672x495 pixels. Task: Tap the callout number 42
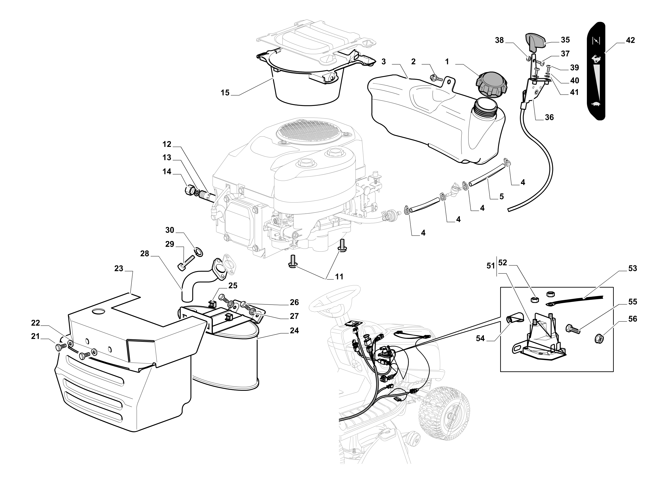[x=630, y=40]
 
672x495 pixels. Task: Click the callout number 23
[x=119, y=269]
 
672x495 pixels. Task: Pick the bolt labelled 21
[x=61, y=347]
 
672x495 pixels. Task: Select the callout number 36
[x=549, y=117]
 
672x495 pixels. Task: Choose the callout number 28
[x=145, y=254]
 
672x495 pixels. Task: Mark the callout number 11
[x=339, y=277]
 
